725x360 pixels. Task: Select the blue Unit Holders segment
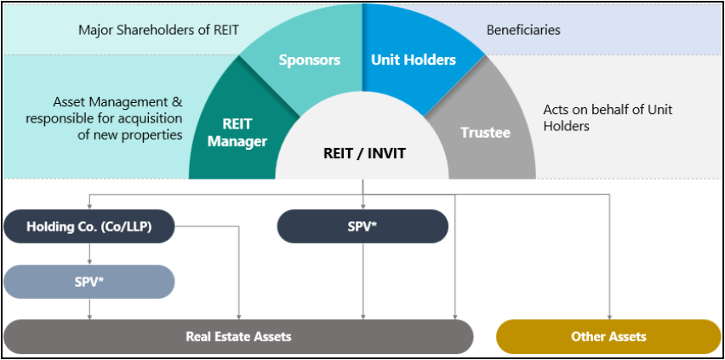pyautogui.click(x=414, y=60)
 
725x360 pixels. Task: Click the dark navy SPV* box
pyautogui.click(x=362, y=226)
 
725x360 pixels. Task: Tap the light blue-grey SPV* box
pyautogui.click(x=89, y=281)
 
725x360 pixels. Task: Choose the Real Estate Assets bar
pyautogui.click(x=238, y=336)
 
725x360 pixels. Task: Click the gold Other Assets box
pyautogui.click(x=608, y=336)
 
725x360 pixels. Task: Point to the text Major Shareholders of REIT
pyautogui.click(x=158, y=31)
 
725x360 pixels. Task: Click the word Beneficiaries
pyautogui.click(x=523, y=31)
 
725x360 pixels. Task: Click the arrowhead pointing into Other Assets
pyautogui.click(x=610, y=315)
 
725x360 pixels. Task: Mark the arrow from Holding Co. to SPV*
pyautogui.click(x=89, y=254)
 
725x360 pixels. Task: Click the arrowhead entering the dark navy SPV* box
pyautogui.click(x=363, y=206)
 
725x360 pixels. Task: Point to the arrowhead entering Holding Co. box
pyautogui.click(x=89, y=206)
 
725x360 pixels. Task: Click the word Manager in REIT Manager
pyautogui.click(x=237, y=141)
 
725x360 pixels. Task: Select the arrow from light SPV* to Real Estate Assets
pyautogui.click(x=89, y=308)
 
